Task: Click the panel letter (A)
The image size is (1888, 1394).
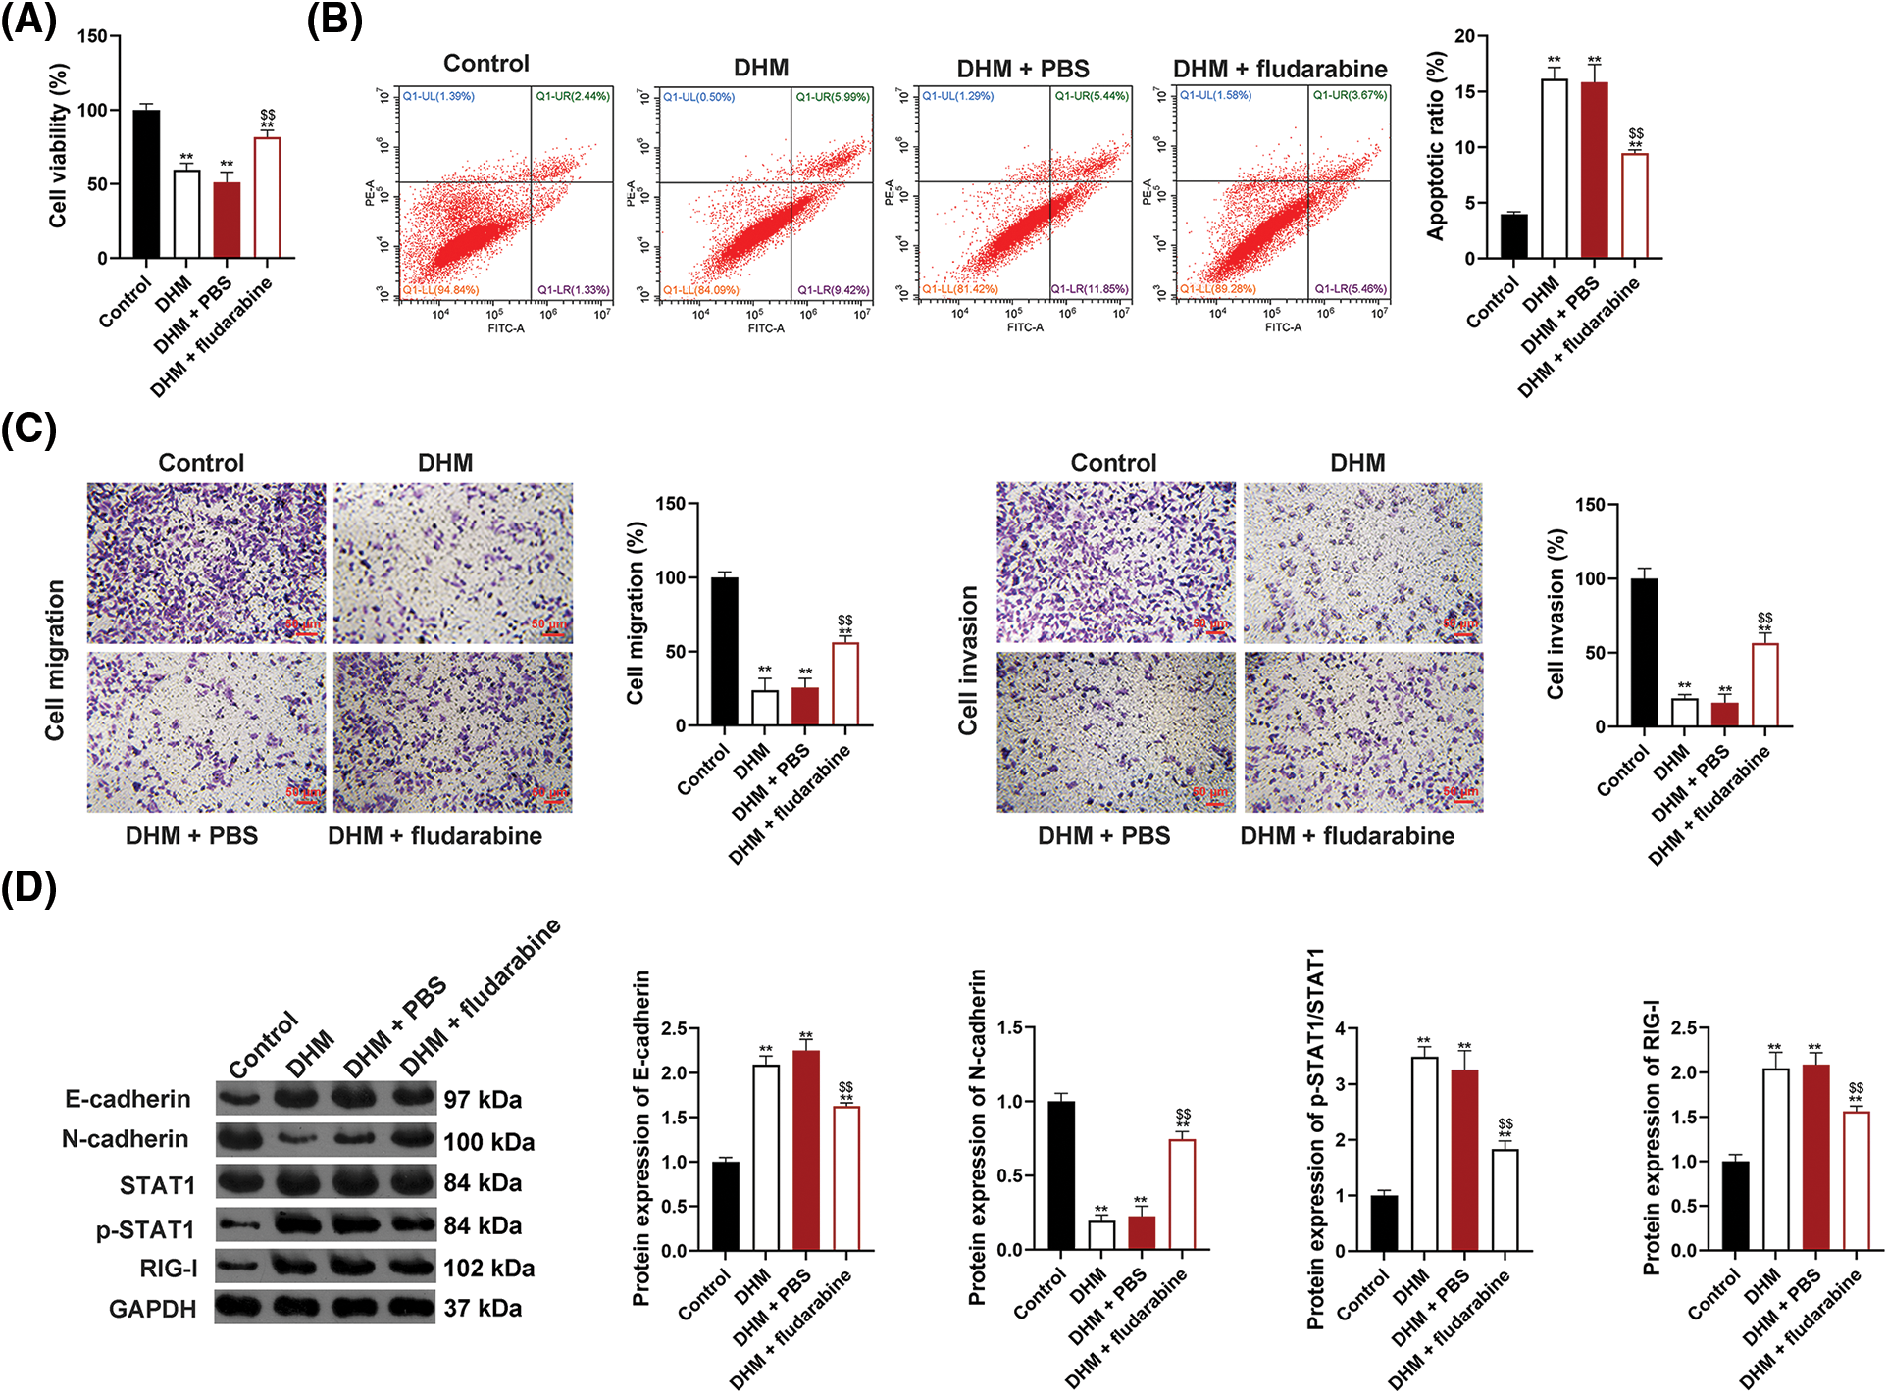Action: (28, 19)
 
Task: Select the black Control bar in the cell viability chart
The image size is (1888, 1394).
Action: (146, 184)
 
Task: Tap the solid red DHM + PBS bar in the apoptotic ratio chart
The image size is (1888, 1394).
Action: (1594, 171)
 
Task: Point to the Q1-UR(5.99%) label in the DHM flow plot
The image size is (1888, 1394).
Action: (832, 97)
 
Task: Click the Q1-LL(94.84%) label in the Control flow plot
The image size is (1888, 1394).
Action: (440, 290)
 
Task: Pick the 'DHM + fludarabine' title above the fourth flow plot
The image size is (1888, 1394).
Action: (1280, 69)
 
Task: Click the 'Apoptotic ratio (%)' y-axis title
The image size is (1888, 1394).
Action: (1437, 147)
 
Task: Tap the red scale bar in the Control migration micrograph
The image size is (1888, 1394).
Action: (305, 633)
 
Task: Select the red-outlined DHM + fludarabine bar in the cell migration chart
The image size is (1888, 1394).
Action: (845, 684)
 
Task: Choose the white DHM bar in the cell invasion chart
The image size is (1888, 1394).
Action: (1684, 713)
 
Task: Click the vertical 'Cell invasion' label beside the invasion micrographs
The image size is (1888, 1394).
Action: (968, 660)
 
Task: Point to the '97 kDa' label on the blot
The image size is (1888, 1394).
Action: (483, 1100)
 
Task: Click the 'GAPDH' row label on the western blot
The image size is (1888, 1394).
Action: (153, 1309)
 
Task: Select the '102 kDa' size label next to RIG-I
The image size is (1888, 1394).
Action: (488, 1269)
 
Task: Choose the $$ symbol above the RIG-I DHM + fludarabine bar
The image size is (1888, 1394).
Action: (1856, 1087)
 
